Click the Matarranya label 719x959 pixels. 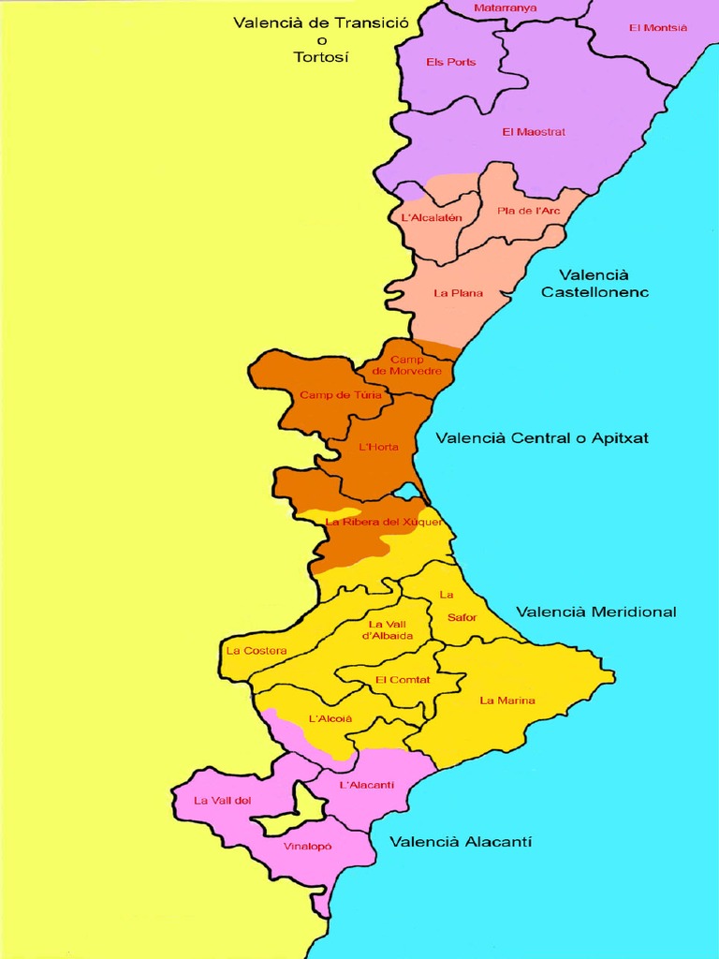(x=506, y=8)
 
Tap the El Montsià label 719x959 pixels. (x=658, y=28)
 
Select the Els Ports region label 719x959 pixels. (x=451, y=63)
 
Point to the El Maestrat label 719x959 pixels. (x=534, y=132)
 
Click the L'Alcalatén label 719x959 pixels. (x=432, y=218)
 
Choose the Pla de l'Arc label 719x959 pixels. (x=529, y=211)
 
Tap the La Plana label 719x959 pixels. (x=459, y=293)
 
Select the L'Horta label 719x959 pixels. (x=379, y=447)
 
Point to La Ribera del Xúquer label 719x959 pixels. (x=384, y=522)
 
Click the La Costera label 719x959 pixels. (x=257, y=651)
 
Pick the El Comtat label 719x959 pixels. (x=403, y=680)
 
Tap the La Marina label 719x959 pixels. (x=507, y=701)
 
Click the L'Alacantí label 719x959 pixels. (x=366, y=785)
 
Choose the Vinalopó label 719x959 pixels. (x=308, y=847)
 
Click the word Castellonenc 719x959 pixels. (x=594, y=292)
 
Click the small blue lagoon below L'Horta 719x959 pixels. (x=407, y=492)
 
